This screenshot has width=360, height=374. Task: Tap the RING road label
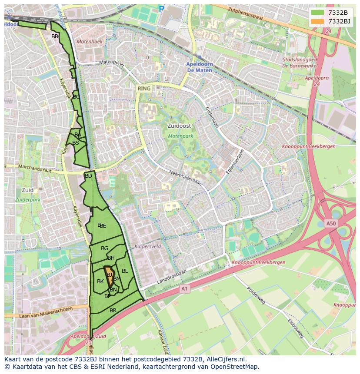tap(143, 89)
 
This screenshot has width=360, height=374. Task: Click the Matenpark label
tap(180, 136)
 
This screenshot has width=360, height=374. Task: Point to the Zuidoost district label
tap(179, 126)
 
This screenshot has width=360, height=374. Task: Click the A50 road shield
tap(331, 223)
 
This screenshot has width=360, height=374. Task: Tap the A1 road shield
tap(184, 289)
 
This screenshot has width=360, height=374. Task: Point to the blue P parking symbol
tap(162, 9)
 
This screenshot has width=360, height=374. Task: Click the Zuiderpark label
tap(27, 200)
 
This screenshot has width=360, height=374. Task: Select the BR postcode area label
tap(113, 311)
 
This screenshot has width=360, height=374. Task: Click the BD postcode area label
tap(88, 176)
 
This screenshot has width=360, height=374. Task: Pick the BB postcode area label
tap(55, 36)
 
